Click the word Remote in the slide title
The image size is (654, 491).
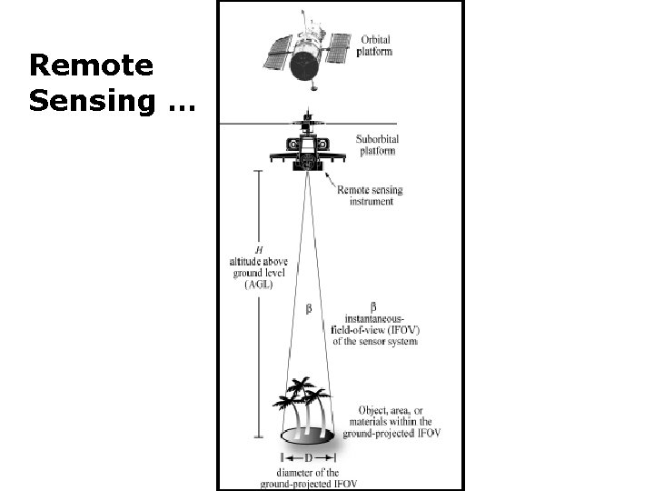[x=90, y=65]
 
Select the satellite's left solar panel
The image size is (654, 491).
[x=276, y=53]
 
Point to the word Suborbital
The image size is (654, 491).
[x=380, y=139]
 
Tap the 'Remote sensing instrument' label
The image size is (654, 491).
[x=370, y=195]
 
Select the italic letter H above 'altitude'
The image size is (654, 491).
[x=259, y=249]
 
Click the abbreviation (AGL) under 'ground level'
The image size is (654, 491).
[x=260, y=284]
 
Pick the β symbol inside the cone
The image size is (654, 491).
[x=307, y=309]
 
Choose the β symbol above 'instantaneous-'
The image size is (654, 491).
[x=374, y=306]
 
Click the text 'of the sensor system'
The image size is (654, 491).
[x=374, y=342]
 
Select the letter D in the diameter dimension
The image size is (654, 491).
[x=308, y=458]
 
